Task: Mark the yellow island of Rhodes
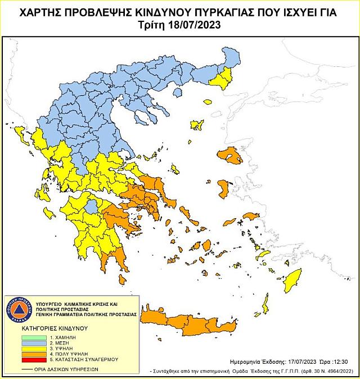pos(293,280)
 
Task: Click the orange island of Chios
pos(223,188)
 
